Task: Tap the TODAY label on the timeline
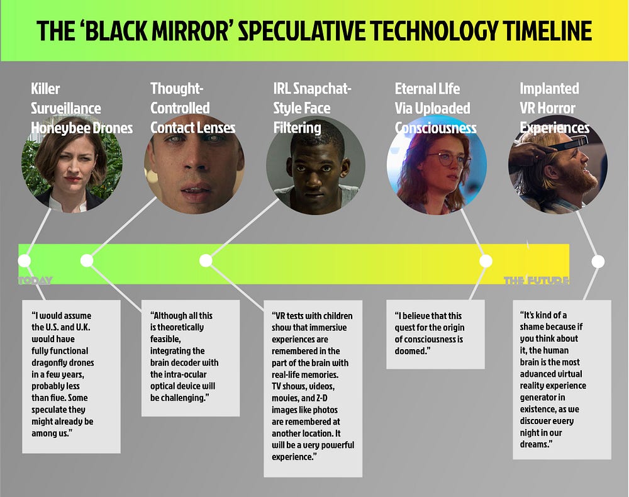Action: (x=36, y=281)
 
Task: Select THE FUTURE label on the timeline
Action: (x=536, y=281)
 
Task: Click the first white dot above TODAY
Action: (x=25, y=260)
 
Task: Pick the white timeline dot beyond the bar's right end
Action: (x=598, y=260)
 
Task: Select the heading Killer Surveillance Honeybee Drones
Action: (x=82, y=108)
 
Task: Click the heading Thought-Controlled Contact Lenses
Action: (x=192, y=108)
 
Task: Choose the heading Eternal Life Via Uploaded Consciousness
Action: (x=435, y=108)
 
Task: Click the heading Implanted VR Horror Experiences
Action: (x=554, y=108)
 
